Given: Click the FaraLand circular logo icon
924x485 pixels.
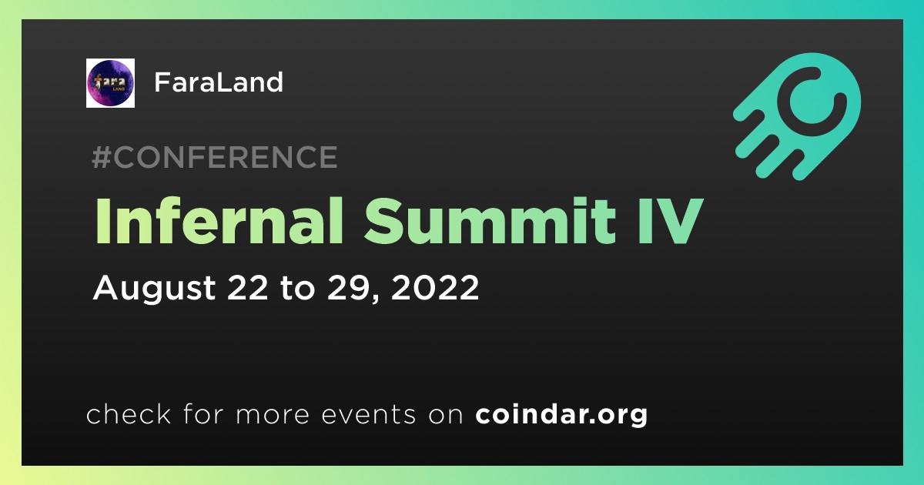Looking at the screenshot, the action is (110, 83).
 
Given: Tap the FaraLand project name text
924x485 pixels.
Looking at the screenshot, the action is (219, 82).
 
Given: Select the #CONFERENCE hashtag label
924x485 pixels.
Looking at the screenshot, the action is (215, 157).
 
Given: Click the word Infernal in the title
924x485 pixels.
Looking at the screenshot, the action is (219, 221).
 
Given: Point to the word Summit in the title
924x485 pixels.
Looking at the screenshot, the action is (490, 221).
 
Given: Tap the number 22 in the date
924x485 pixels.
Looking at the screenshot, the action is (247, 287).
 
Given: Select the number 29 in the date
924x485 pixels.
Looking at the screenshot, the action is (348, 287).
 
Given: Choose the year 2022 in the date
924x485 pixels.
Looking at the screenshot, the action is (435, 287).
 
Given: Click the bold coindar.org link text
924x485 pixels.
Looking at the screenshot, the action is (561, 414).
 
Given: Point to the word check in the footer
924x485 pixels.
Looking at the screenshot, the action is (129, 413).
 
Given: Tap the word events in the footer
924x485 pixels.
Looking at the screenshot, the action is (369, 415).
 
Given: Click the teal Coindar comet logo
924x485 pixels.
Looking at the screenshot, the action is (798, 116).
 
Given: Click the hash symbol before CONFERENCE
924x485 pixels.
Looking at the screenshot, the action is (102, 157).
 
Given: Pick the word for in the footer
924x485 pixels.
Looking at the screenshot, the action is (203, 413).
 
